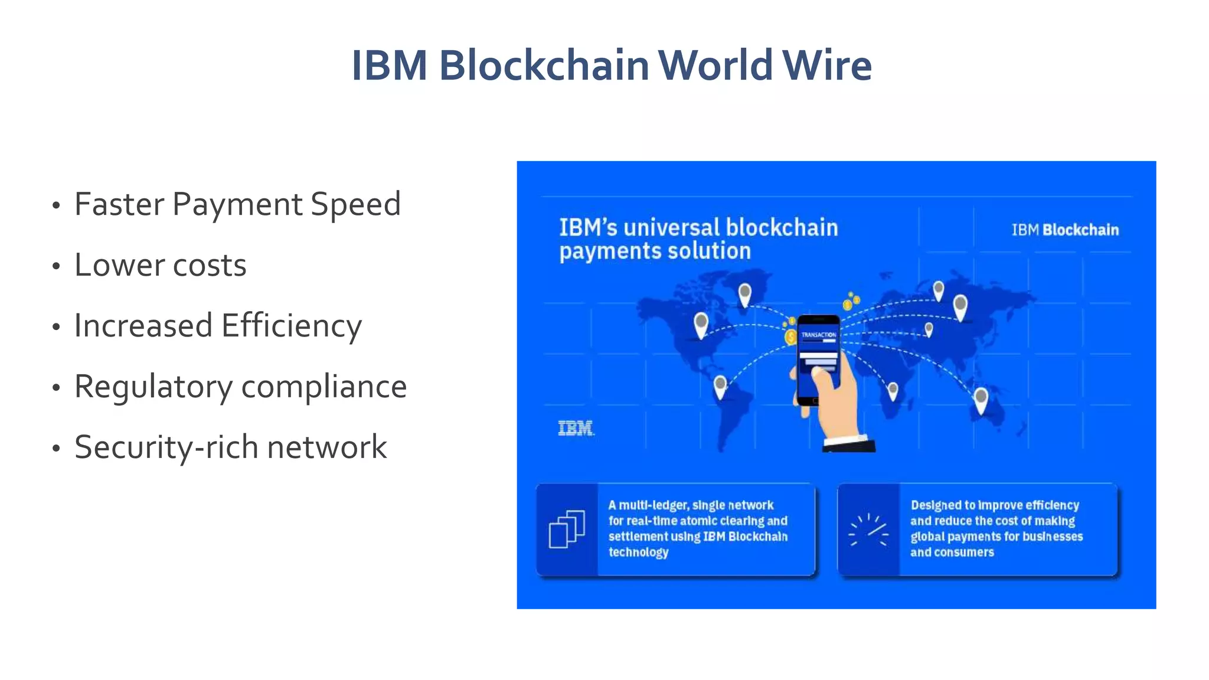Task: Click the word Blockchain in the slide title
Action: point(544,65)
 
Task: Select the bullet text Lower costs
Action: point(160,265)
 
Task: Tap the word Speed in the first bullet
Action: point(355,204)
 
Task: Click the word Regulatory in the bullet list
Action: point(153,388)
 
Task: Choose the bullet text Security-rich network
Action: point(230,447)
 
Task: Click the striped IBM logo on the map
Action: point(576,429)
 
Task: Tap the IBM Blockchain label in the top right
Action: point(1065,230)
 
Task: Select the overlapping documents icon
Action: point(567,529)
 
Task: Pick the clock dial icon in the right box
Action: point(868,529)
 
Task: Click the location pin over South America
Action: point(720,386)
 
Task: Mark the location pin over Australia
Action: point(981,399)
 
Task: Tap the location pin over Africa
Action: point(893,390)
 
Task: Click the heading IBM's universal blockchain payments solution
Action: point(698,239)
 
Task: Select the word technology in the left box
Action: point(638,552)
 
